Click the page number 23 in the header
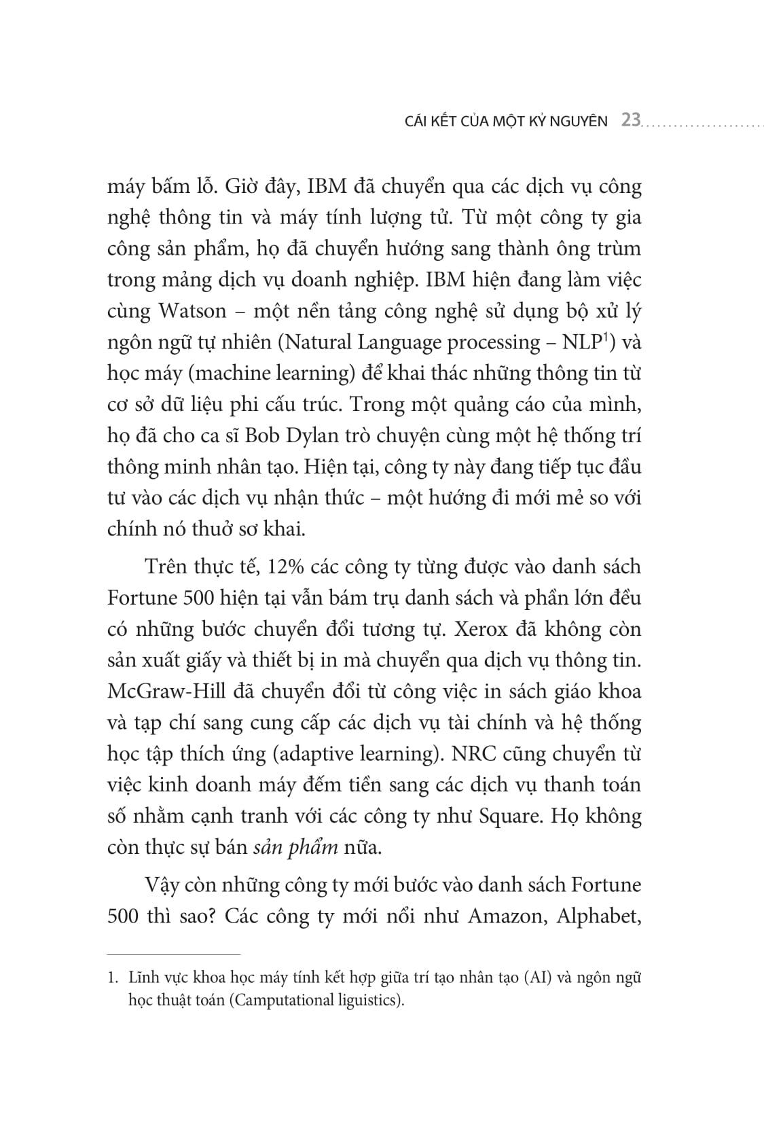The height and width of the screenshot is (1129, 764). tap(631, 121)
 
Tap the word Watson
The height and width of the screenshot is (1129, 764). tap(192, 311)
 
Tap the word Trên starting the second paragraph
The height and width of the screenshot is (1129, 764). tap(166, 567)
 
